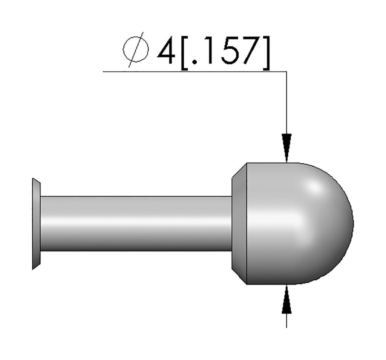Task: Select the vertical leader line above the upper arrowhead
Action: coord(286,102)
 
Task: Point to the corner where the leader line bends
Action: coord(286,71)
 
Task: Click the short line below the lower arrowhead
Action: coord(286,320)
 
